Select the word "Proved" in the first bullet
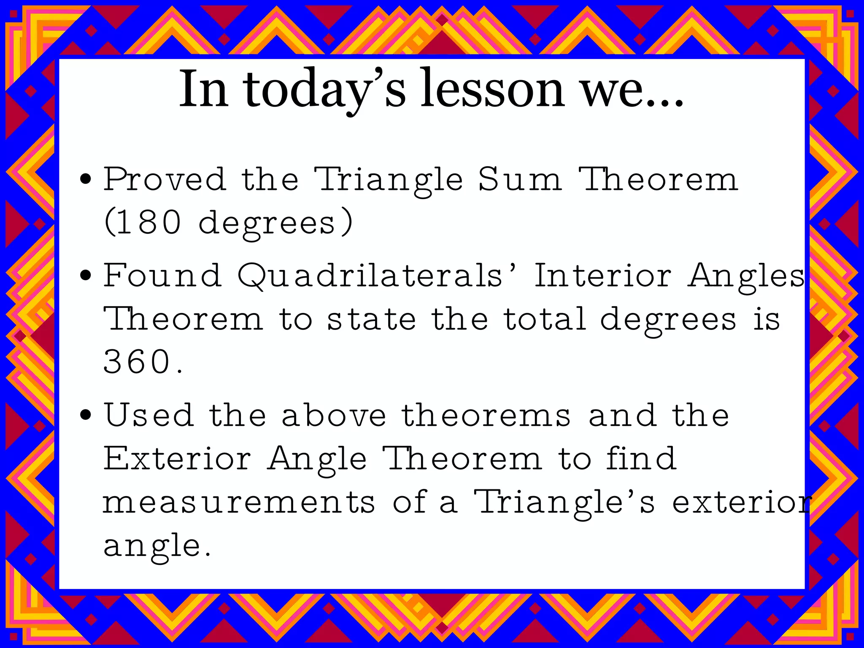point(165,179)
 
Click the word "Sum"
point(520,179)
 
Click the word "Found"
point(162,275)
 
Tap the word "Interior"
point(602,275)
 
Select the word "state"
point(372,319)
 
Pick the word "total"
point(545,319)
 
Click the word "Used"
point(148,415)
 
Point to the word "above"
point(334,415)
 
